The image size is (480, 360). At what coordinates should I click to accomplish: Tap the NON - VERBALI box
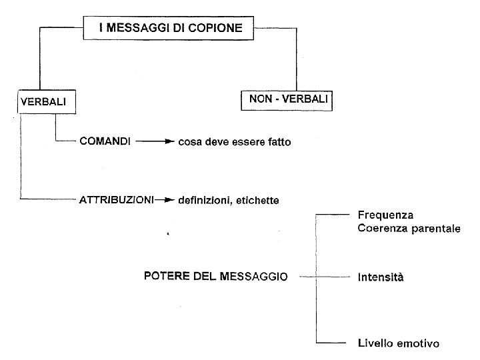tap(286, 99)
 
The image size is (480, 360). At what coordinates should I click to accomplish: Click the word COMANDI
tap(105, 141)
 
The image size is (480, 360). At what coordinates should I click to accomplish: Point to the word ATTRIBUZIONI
tap(117, 199)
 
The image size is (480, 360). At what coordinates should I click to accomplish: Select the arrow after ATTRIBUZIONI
tap(165, 199)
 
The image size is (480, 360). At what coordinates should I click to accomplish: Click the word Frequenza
tap(385, 215)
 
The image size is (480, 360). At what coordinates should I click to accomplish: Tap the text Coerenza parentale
tap(409, 228)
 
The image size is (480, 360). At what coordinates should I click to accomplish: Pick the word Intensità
tap(381, 277)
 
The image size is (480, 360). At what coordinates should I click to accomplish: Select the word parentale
tap(437, 228)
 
